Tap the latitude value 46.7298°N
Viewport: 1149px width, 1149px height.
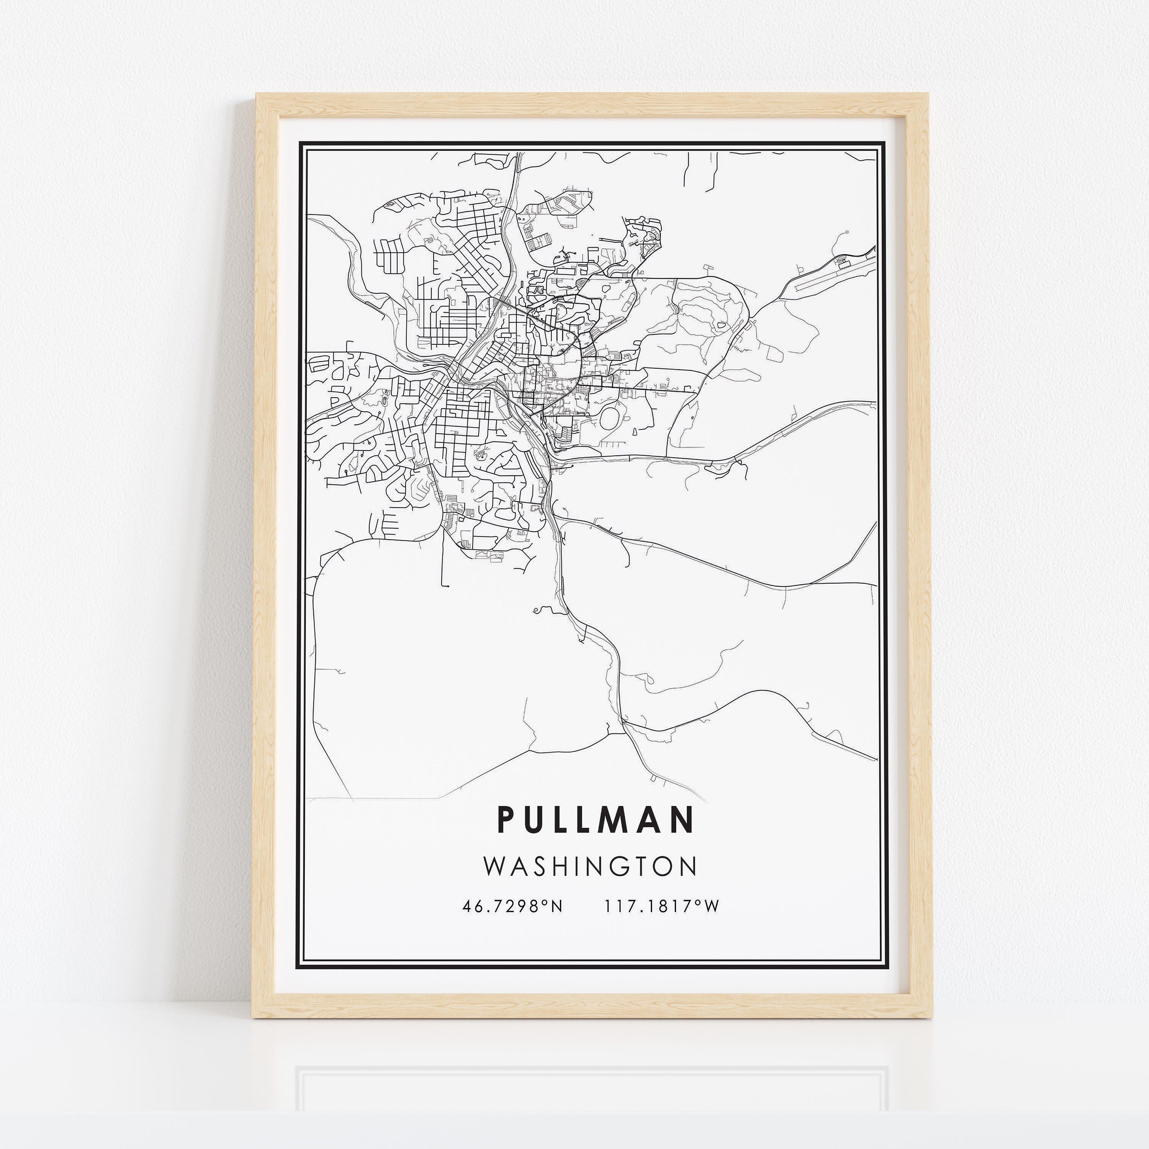point(511,906)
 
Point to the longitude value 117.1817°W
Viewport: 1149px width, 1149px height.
point(662,906)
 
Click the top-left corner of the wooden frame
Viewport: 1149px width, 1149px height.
point(257,94)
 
